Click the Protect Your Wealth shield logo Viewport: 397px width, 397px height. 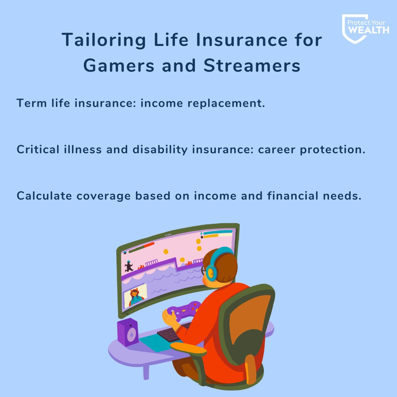point(365,29)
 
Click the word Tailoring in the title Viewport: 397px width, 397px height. point(104,40)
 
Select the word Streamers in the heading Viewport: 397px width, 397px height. point(252,65)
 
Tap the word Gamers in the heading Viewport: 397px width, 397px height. point(119,65)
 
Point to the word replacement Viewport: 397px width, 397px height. point(226,103)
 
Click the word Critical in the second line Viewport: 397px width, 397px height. point(38,149)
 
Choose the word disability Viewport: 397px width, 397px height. point(160,150)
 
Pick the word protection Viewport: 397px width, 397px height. point(333,150)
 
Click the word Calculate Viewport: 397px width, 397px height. point(44,196)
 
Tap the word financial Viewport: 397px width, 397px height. point(293,196)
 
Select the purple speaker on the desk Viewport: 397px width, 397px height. point(128,332)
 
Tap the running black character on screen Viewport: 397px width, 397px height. point(129,267)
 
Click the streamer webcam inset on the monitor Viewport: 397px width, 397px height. point(135,295)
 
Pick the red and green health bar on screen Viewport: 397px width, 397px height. point(141,247)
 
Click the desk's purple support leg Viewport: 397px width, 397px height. point(146,372)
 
